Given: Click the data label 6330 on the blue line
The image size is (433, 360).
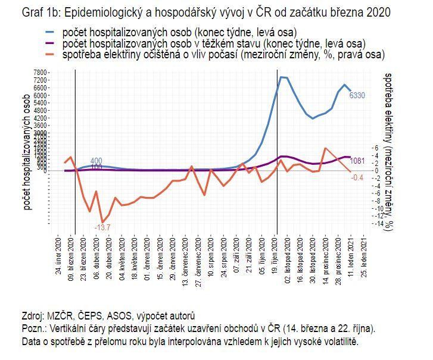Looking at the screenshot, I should click(357, 95).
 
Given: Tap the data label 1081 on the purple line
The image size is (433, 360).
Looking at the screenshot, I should click(357, 161).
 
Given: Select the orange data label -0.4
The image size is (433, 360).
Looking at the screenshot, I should click(357, 177).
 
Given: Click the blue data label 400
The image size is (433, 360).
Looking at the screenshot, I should click(96, 161).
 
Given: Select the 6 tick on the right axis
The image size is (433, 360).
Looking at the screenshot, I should click(375, 148).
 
